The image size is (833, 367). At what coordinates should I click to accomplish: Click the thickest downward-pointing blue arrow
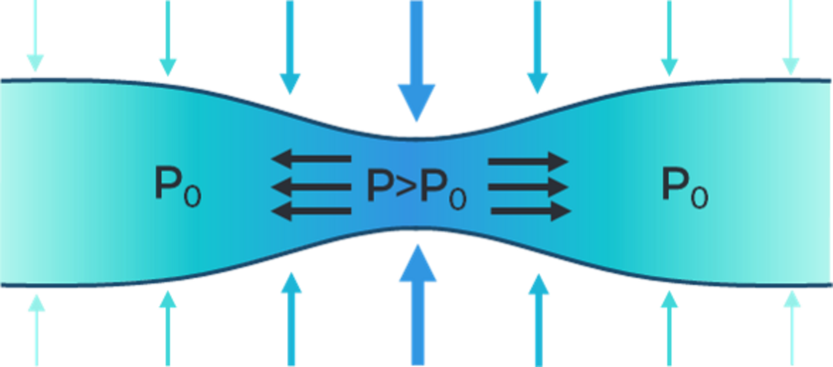tap(416, 61)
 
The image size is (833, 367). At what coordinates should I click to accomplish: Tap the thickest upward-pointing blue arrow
tap(418, 305)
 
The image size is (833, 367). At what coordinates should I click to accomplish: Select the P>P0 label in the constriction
tap(416, 189)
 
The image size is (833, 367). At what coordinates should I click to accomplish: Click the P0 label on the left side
tap(178, 187)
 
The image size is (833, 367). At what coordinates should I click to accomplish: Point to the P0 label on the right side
tap(685, 188)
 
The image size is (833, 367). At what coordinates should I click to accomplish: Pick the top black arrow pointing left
tap(312, 159)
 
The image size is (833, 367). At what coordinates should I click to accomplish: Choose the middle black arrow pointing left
tap(312, 187)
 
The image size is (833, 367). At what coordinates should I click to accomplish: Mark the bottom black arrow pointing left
tap(312, 211)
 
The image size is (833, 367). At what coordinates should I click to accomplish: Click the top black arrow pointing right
tap(528, 161)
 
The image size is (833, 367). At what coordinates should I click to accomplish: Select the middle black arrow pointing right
tap(528, 187)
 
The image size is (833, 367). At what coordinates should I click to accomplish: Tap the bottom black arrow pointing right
tap(531, 211)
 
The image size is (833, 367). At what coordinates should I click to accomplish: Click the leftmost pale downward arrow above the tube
tap(35, 36)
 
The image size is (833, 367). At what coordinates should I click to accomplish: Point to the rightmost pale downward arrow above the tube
tap(791, 37)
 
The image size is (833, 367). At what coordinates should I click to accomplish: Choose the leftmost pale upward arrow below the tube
tap(36, 330)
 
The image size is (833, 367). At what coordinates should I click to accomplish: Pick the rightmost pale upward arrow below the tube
tap(792, 329)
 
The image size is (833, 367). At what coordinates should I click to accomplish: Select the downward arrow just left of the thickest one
tap(290, 48)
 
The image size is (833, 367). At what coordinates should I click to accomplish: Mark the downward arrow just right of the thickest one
tap(538, 48)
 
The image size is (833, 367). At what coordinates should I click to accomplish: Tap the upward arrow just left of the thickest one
tap(291, 319)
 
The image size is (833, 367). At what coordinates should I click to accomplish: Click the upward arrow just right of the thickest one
tap(539, 320)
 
